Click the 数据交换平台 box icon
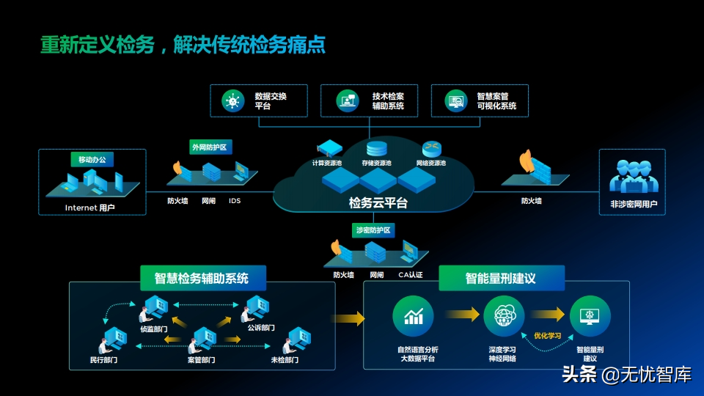point(234,101)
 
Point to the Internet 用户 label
point(90,208)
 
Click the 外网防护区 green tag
point(210,147)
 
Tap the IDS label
point(235,200)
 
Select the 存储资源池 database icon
point(378,149)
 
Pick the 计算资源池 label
point(327,163)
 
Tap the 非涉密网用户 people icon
point(631,177)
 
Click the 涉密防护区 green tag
point(373,230)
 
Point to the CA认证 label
point(411,275)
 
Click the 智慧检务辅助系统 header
point(201,279)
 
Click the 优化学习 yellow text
point(547,336)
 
